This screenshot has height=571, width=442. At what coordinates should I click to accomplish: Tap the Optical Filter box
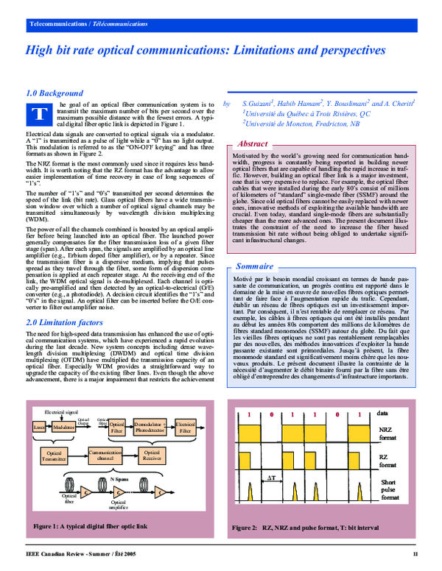pos(117,428)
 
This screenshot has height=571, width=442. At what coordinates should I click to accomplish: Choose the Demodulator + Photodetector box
pos(150,428)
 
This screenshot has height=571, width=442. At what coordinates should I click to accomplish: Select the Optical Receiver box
pos(152,456)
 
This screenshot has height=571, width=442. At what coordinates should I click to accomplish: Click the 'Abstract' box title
pos(254,144)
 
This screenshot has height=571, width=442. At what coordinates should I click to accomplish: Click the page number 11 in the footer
pos(415,553)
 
